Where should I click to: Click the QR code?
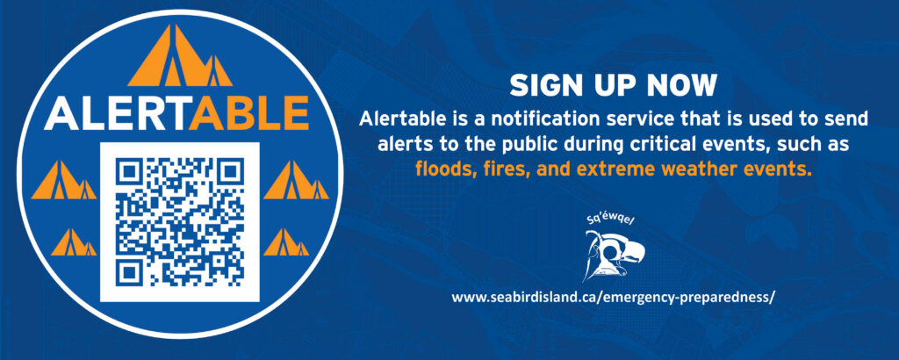pos(179,222)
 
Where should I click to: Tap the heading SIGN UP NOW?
pos(613,86)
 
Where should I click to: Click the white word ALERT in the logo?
pos(117,113)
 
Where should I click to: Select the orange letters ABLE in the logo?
pos(249,113)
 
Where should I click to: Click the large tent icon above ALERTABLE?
pos(179,55)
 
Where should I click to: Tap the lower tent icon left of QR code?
pos(74,242)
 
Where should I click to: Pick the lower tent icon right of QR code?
pos(286,242)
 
